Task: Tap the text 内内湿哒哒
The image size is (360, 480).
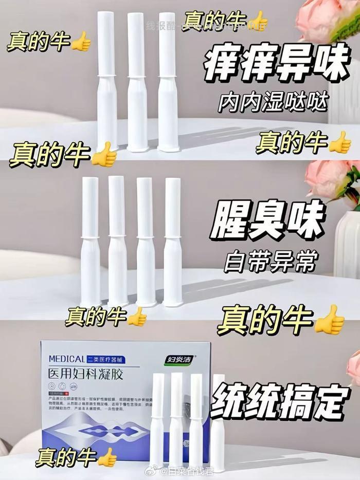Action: coord(272,103)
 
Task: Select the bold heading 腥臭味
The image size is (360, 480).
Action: coord(267,221)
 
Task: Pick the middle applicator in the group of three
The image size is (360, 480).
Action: coord(137,82)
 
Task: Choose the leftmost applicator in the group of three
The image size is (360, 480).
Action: coord(106,82)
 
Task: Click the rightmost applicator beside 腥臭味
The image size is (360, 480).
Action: coord(172,242)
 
